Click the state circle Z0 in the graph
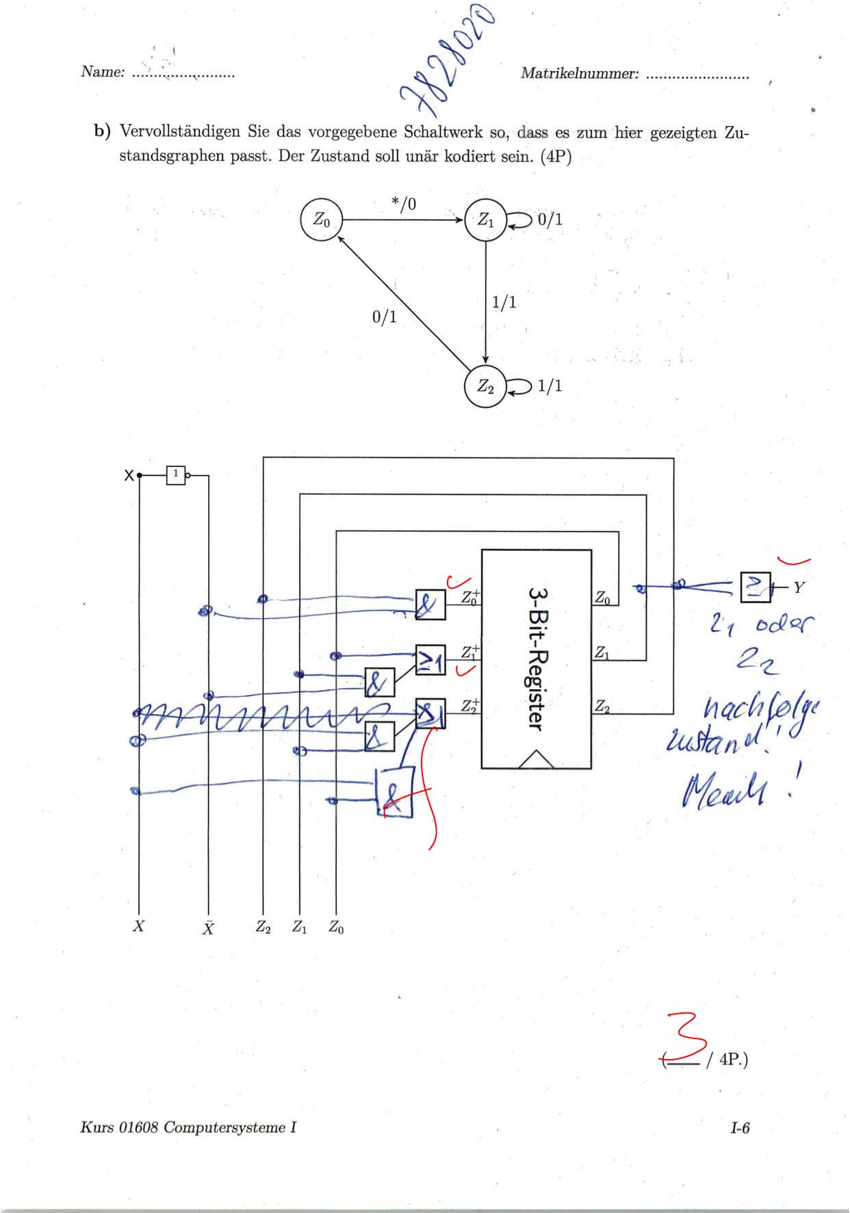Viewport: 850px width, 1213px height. pos(321,220)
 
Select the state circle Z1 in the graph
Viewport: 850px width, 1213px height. pos(485,220)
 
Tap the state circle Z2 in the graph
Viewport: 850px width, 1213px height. pos(485,387)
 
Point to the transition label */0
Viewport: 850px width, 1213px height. pos(404,203)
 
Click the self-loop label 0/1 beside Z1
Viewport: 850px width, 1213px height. pos(550,219)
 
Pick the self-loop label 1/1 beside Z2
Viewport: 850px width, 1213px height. pos(550,385)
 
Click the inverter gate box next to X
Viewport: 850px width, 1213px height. pos(176,474)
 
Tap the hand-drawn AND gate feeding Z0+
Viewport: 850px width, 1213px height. pos(430,604)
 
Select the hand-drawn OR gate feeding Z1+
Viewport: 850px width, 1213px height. pos(430,660)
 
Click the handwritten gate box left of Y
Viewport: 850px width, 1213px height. pos(755,587)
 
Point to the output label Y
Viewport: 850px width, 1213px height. pos(799,587)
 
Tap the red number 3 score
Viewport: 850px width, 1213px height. pos(688,1038)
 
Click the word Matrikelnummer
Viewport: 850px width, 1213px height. pos(580,73)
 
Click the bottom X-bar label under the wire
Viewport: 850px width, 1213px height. pos(208,928)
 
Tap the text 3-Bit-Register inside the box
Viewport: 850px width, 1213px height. pos(537,658)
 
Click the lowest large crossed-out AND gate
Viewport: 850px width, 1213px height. pos(395,792)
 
